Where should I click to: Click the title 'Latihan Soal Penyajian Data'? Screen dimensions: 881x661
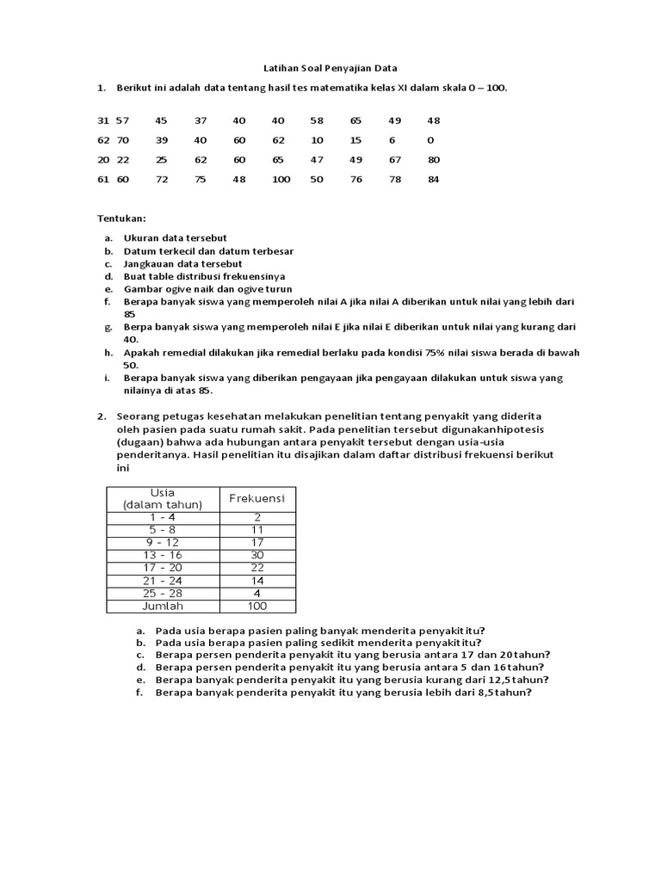330,68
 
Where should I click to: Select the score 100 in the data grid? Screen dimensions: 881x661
281,179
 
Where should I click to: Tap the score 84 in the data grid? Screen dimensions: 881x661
433,179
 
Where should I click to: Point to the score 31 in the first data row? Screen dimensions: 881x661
103,120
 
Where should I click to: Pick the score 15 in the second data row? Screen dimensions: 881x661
355,140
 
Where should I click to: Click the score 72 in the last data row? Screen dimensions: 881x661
162,179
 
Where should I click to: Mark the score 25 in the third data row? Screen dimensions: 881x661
162,159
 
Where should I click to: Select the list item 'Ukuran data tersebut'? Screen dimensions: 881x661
176,237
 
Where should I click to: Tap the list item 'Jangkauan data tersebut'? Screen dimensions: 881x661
182,263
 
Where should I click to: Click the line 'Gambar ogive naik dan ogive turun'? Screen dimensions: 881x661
207,289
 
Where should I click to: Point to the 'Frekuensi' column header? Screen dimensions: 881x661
256,498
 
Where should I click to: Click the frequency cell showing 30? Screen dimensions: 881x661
256,556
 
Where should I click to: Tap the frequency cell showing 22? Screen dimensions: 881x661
256,568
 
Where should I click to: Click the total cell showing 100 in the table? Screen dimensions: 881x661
256,606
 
